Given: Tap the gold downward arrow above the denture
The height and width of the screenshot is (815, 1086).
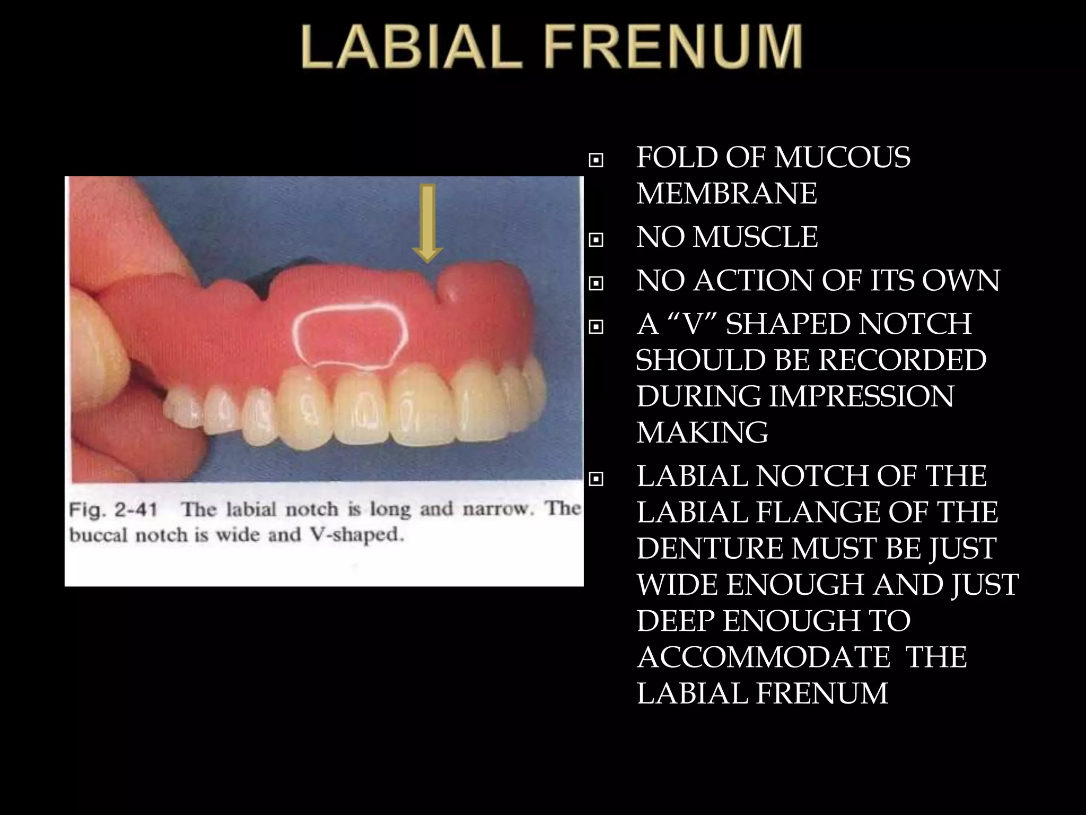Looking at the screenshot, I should coord(427,223).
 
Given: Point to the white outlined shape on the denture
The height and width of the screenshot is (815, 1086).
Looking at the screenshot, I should coord(351,334).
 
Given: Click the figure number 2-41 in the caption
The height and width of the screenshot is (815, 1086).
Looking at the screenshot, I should coord(135,510).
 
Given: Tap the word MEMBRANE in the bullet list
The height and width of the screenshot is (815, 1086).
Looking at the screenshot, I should coord(726,193).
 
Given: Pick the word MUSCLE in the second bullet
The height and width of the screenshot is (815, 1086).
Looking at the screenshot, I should coord(755,237).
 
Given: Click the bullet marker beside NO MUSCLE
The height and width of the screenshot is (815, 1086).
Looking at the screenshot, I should coord(596,240).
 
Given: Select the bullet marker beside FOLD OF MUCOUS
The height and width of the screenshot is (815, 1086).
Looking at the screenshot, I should coord(596,160).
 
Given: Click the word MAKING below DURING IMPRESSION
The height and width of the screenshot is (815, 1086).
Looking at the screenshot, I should coord(702,432).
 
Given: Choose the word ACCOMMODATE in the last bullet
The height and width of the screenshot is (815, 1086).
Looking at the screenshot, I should coord(764,657).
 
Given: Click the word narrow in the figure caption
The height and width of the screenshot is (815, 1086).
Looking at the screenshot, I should coord(499,510).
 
